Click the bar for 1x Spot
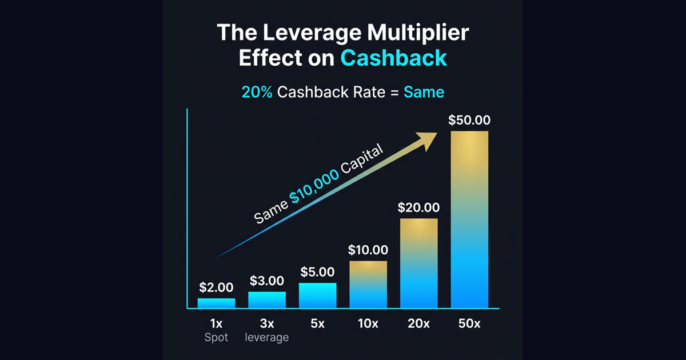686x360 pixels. (216, 303)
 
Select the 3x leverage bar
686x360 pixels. (266, 300)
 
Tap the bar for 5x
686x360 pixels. (317, 295)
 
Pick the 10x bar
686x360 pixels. (368, 285)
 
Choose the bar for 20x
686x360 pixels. (418, 263)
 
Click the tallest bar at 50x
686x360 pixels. (469, 219)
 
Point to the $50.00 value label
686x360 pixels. (469, 121)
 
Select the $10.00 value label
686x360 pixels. (368, 250)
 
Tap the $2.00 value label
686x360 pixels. (216, 287)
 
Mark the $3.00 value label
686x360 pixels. (266, 281)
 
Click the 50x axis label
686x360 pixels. (469, 323)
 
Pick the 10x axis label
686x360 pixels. (368, 323)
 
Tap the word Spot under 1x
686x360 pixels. (216, 337)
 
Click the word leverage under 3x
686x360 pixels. (266, 337)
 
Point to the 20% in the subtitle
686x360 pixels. (257, 92)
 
